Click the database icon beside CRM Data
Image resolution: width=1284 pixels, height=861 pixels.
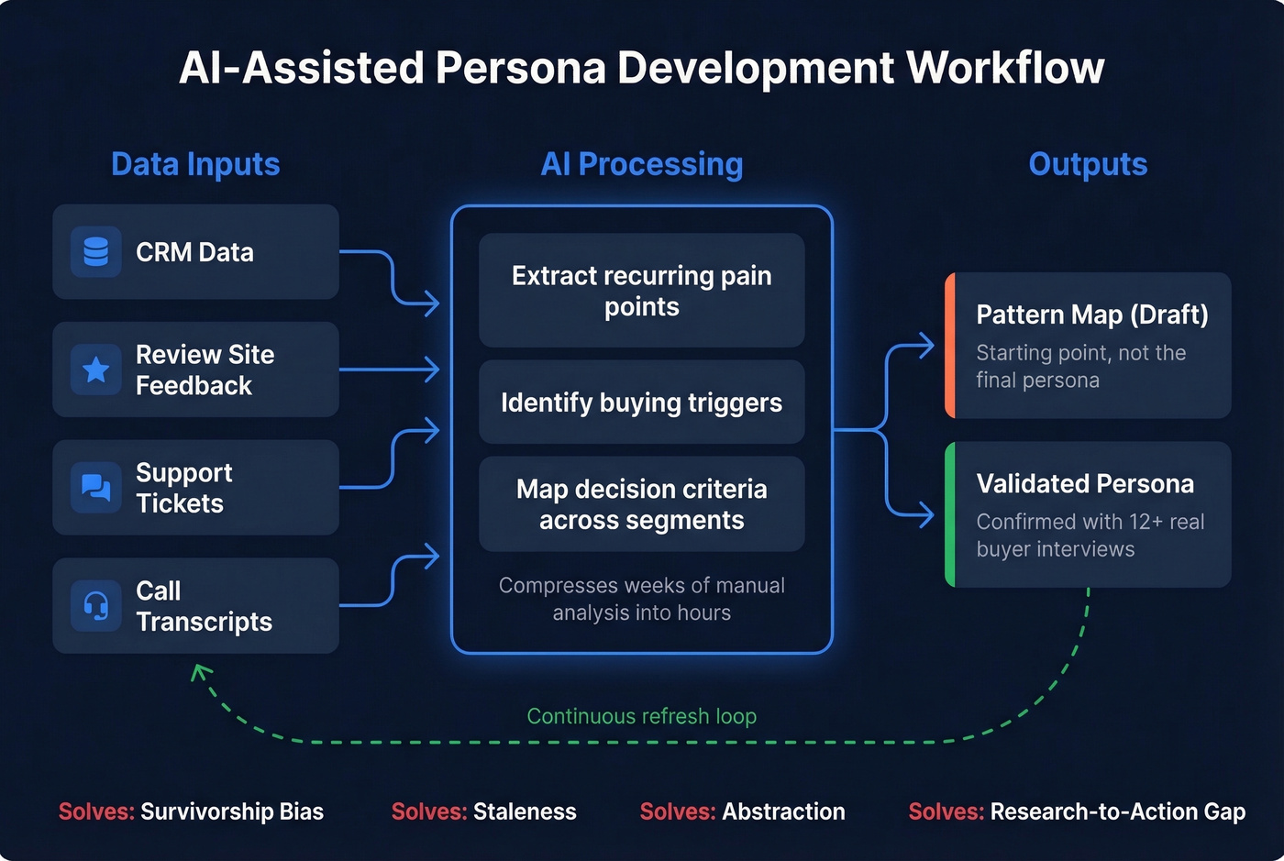coord(96,252)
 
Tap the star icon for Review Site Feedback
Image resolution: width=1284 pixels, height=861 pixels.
coord(96,370)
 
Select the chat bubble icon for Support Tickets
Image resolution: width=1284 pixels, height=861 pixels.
coord(96,487)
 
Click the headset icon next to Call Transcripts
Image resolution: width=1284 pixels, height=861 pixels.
coord(96,605)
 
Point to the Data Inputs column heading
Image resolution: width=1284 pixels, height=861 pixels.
coord(195,164)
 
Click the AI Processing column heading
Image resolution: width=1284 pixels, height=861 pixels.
coord(641,164)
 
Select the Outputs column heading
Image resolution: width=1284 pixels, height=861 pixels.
coord(1088,164)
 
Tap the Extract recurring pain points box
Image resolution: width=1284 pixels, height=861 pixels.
coord(641,291)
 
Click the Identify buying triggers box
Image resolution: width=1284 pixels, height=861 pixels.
coord(641,403)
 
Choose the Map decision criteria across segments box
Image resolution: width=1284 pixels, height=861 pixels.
coord(641,504)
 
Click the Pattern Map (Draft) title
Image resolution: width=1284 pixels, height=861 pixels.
coord(1091,315)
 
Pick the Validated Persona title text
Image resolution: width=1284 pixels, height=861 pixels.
coord(1085,483)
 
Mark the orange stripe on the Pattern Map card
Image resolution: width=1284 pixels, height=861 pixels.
coord(950,346)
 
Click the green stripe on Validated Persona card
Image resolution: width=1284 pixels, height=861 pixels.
coord(950,514)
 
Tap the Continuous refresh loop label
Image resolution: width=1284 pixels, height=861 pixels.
coord(641,716)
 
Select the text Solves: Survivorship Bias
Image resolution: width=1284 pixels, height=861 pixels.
coord(191,811)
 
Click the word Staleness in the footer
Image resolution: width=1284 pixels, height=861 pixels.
coord(525,811)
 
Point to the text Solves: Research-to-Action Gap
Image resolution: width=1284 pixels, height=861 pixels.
coord(1077,811)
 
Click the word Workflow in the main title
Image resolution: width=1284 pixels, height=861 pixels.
coord(1005,68)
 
